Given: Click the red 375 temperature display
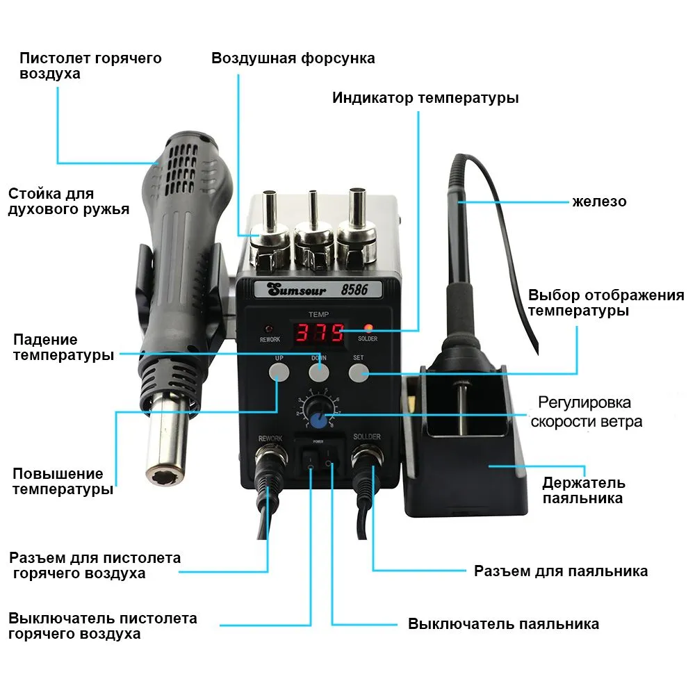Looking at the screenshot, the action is point(320,333).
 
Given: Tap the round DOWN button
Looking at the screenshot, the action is point(319,373).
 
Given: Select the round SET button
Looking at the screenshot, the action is point(359,373).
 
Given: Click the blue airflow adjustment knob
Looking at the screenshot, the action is point(318,419).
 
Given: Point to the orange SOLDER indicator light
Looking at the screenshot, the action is point(368,329).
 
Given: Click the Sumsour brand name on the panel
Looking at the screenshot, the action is point(297,291).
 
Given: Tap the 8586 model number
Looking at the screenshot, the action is point(354,290).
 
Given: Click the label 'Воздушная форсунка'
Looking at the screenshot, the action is point(293,58).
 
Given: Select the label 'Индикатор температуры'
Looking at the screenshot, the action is point(425,97).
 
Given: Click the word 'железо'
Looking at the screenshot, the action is point(599,202).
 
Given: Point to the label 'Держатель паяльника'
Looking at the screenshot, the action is point(583,490).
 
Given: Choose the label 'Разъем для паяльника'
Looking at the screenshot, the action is point(561,571).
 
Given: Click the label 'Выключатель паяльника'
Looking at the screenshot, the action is point(503,623).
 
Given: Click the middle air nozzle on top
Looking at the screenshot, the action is point(313,231).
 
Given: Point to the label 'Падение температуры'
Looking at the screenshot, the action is point(63,347).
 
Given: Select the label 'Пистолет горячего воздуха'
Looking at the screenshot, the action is point(90,65).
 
